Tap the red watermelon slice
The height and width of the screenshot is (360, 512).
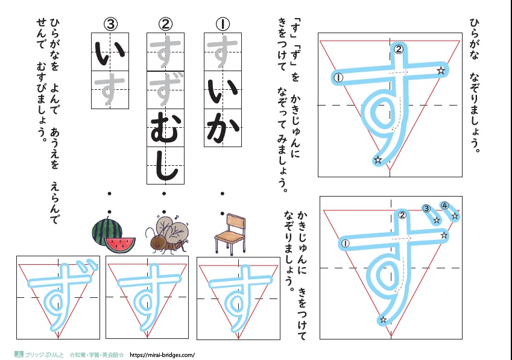(120, 244)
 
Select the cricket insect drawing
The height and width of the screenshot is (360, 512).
(166, 234)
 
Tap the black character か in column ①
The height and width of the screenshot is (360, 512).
(223, 127)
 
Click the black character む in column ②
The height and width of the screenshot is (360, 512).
(165, 127)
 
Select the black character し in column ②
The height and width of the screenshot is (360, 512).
(165, 165)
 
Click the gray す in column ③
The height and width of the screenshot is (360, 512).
(110, 90)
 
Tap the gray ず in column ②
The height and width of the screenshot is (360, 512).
(165, 90)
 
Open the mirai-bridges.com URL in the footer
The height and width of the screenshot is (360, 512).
(162, 355)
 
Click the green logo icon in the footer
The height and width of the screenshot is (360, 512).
(19, 355)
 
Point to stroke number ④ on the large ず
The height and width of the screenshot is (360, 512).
(444, 206)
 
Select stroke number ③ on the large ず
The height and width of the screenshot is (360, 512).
(426, 209)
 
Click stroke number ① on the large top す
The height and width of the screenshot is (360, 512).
(338, 77)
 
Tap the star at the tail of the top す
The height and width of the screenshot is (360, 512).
(378, 160)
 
